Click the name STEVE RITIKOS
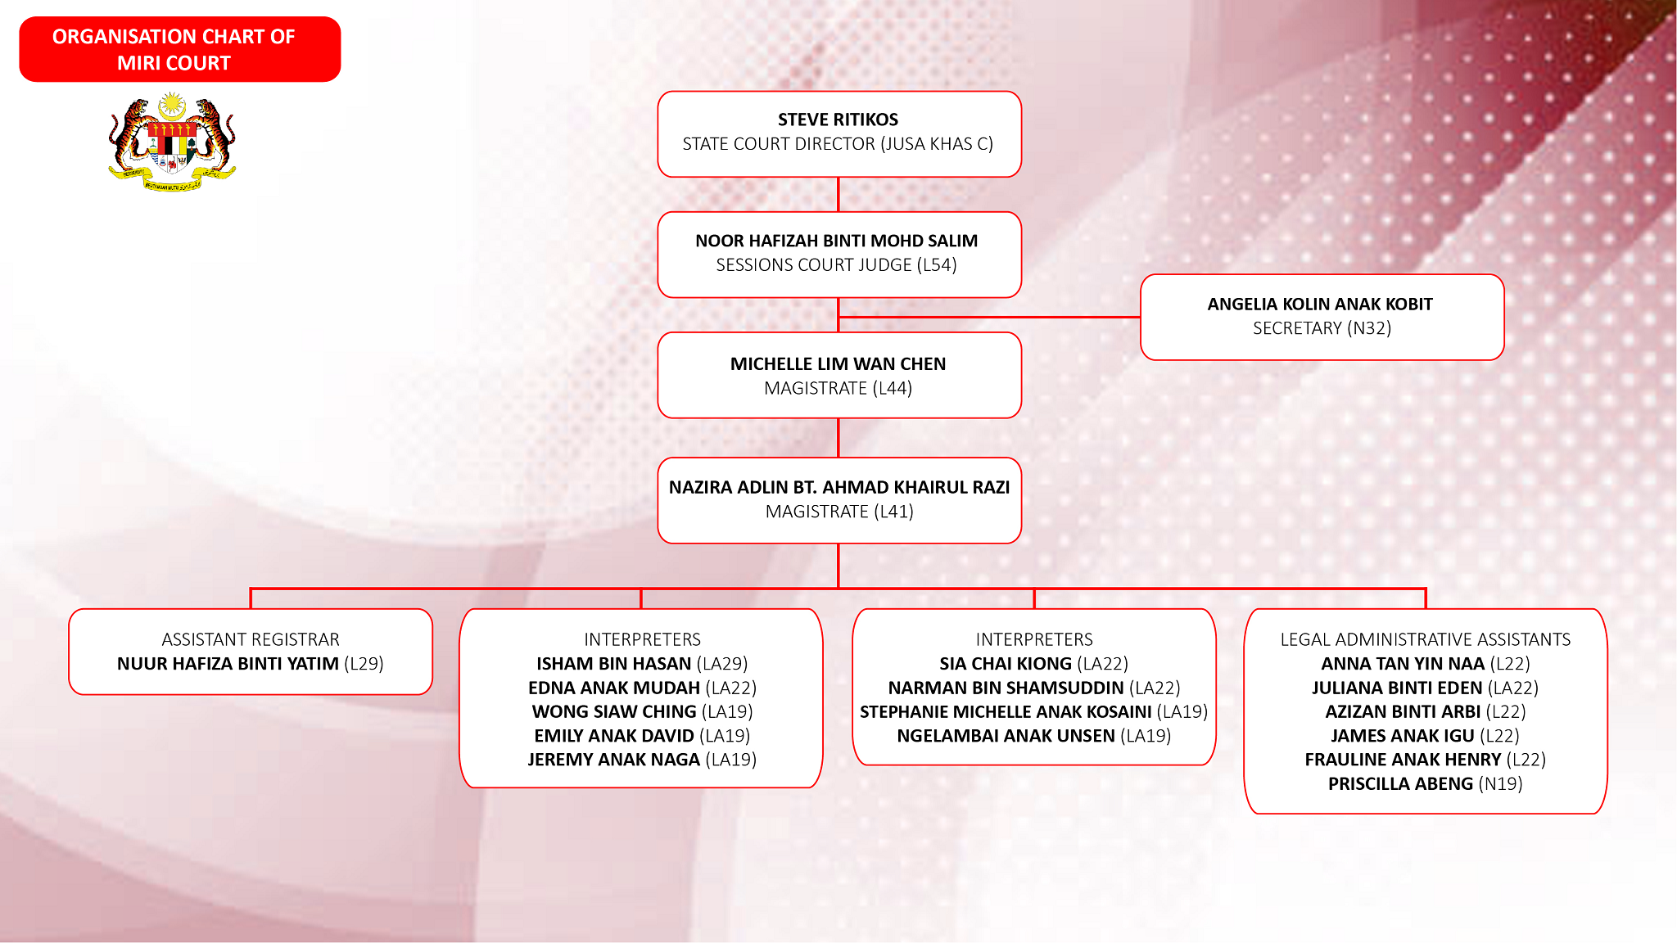(x=838, y=120)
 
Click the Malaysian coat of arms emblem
(x=172, y=142)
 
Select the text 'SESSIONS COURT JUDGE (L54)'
(x=836, y=265)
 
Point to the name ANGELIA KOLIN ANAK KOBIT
(x=1319, y=305)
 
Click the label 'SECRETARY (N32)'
(x=1322, y=328)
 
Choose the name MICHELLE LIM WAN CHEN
(x=838, y=364)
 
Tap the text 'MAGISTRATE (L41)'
(x=839, y=512)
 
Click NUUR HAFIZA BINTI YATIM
(x=228, y=664)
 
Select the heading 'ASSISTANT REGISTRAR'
(x=250, y=639)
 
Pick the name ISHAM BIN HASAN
(x=613, y=664)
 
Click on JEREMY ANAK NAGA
(x=613, y=760)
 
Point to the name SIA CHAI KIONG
(x=1005, y=664)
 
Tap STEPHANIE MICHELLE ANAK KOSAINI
(x=1005, y=712)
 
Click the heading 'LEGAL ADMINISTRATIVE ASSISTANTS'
(x=1425, y=639)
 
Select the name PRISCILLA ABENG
(x=1400, y=784)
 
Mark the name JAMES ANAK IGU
(x=1402, y=736)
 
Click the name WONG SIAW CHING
(x=614, y=712)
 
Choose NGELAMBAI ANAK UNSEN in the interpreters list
(x=1006, y=736)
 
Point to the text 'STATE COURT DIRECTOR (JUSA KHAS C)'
(x=838, y=144)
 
